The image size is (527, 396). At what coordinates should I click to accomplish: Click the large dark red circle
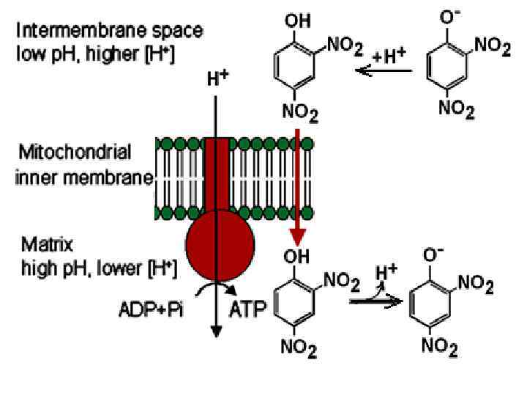(220, 245)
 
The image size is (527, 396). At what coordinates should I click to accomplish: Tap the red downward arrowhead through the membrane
(297, 237)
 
